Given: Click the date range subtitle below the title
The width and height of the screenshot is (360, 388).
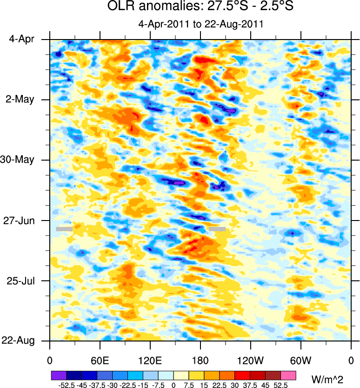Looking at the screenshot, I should [201, 24].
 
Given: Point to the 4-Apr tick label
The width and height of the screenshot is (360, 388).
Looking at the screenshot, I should [21, 40].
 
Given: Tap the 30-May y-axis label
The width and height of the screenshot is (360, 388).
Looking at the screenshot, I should [19, 160].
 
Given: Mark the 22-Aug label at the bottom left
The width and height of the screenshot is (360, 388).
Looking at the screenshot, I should [19, 341].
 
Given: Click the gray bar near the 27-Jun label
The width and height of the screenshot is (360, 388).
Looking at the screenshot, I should [64, 229].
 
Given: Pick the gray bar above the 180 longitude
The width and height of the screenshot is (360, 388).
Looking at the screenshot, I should [217, 229].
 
